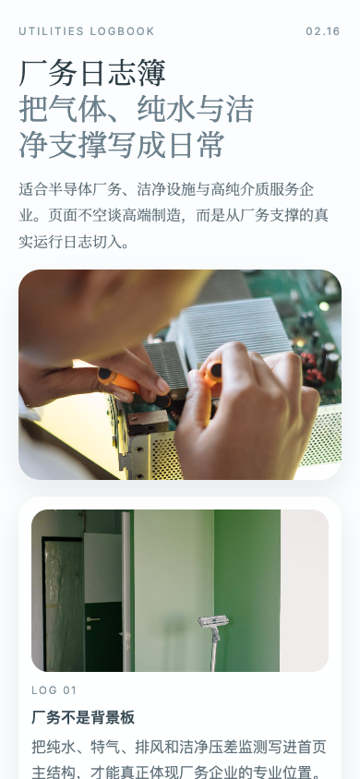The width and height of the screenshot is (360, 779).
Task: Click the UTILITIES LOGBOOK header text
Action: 87,31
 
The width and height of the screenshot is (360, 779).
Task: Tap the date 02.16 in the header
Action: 323,31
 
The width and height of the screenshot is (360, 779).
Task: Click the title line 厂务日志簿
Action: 92,73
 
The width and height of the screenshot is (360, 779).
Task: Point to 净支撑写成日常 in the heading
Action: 122,145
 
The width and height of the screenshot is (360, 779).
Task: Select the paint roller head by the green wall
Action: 213,622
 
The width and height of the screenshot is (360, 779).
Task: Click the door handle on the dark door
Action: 93,619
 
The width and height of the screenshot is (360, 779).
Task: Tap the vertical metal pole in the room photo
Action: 126,591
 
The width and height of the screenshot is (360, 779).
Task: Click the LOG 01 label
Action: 54,689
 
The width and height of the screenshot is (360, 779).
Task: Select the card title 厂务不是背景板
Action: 83,717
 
